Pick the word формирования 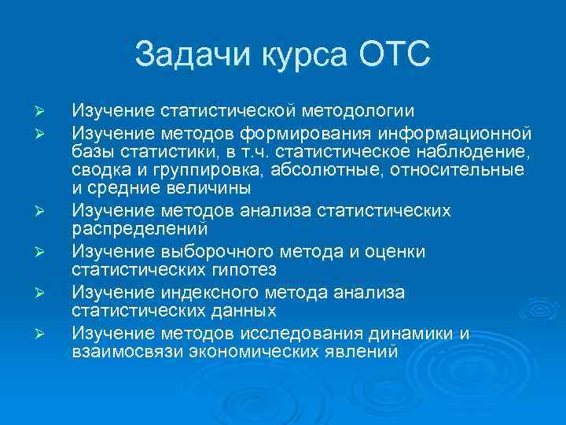pyautogui.click(x=290, y=128)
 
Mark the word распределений pyautogui.click(x=140, y=230)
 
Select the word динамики pyautogui.click(x=417, y=333)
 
